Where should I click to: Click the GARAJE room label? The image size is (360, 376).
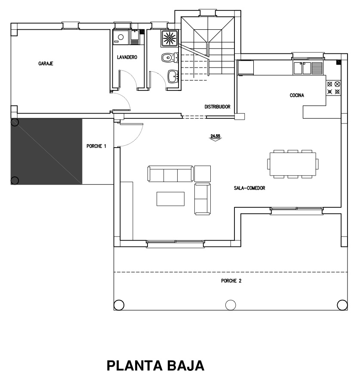tap(46, 64)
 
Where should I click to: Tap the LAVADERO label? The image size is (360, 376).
tap(127, 57)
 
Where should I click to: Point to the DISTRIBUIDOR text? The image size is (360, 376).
tap(217, 107)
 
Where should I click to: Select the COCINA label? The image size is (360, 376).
tap(297, 95)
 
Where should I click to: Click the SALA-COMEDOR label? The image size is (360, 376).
tap(249, 188)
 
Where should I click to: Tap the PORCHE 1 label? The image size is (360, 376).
tap(96, 146)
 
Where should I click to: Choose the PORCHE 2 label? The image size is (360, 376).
tap(231, 281)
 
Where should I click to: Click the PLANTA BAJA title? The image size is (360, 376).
tap(155, 366)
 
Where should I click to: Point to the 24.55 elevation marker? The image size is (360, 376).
tap(215, 137)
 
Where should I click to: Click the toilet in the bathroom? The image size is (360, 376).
tap(169, 58)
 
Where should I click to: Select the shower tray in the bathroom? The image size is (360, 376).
tap(169, 38)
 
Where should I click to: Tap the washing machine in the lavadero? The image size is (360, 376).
tap(121, 37)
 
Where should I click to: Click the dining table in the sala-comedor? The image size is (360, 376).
tap(293, 164)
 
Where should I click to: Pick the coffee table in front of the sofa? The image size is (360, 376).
tap(170, 199)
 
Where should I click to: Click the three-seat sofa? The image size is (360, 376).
tap(171, 173)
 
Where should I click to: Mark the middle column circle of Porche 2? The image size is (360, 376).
tap(231, 305)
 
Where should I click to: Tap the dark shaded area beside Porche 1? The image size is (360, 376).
tap(46, 151)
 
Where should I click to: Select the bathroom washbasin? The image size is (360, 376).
tap(172, 76)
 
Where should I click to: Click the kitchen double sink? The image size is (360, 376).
tap(302, 68)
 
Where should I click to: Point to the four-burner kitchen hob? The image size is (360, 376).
tap(333, 88)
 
